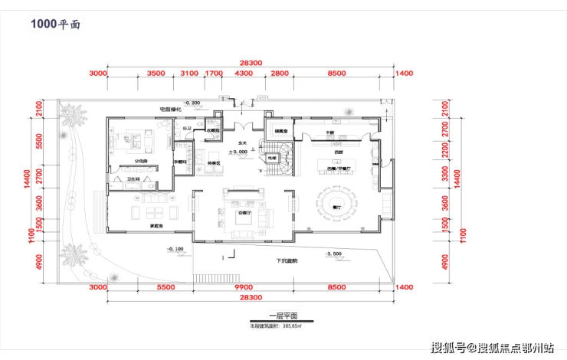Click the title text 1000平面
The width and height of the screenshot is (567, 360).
pos(54,25)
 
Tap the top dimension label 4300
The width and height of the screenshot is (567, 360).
pos(243,74)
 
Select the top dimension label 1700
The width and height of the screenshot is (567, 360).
pos(214,74)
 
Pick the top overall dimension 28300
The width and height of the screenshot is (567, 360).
pos(250,64)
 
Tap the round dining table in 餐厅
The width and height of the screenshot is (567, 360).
pos(338,205)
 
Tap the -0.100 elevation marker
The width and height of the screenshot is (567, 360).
pos(175,249)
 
